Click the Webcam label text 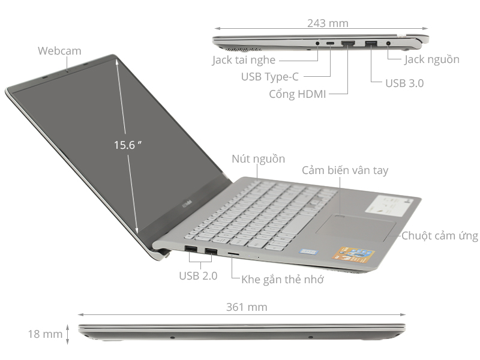59,51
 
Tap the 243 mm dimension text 328,23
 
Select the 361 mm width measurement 247,307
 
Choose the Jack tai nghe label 244,60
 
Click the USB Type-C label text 269,77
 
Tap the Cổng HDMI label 297,94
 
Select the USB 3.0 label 404,83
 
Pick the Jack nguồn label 431,59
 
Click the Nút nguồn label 258,159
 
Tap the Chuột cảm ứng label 440,236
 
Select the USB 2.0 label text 198,276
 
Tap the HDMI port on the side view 347,43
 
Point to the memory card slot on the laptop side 233,254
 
